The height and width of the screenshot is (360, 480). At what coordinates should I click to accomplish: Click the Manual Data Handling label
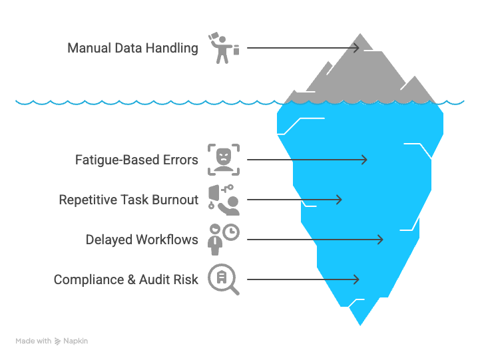click(x=132, y=48)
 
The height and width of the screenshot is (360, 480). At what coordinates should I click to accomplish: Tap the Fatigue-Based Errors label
click(x=136, y=160)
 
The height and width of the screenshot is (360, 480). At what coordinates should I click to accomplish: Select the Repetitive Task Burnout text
click(x=128, y=200)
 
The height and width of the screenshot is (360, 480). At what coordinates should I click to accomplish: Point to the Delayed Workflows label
click(x=142, y=240)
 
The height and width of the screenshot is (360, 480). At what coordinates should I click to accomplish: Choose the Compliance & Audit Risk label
click(x=126, y=279)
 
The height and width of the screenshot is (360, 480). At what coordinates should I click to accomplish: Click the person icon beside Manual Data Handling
click(x=222, y=48)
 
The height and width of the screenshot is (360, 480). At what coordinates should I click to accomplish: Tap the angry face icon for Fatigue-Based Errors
click(x=223, y=160)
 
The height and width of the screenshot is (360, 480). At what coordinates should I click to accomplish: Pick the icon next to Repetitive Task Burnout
click(x=223, y=200)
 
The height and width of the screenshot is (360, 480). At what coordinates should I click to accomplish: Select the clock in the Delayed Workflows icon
click(x=231, y=232)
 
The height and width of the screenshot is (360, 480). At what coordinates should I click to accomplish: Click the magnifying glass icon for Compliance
click(x=223, y=279)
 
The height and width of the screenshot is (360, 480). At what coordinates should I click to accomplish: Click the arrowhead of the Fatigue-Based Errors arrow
click(x=364, y=160)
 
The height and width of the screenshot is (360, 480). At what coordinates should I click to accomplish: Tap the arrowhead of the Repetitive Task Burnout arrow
click(x=339, y=200)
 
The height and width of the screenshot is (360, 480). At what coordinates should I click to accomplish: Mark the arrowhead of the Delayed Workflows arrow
click(x=380, y=240)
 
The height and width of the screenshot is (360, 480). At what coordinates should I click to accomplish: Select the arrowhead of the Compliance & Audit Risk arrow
click(x=357, y=279)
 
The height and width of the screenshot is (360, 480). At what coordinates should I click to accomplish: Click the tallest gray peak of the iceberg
click(x=360, y=37)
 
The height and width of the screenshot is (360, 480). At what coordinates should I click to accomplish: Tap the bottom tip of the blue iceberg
click(x=360, y=323)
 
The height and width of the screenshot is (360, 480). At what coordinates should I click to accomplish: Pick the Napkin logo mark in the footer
click(x=58, y=341)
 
